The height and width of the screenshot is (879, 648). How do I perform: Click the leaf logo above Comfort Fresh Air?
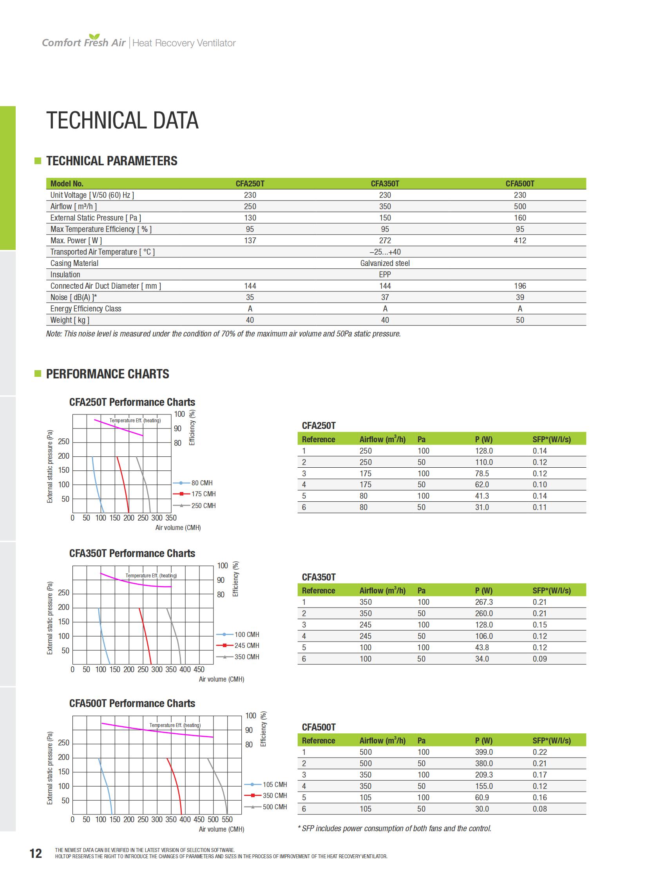pyautogui.click(x=94, y=37)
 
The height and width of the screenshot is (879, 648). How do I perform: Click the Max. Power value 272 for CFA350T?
pyautogui.click(x=384, y=241)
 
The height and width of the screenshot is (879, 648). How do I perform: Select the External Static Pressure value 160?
pyautogui.click(x=519, y=218)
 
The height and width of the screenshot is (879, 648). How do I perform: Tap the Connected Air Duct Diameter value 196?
pyautogui.click(x=519, y=286)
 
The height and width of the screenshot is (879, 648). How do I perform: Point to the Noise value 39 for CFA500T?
pyautogui.click(x=519, y=297)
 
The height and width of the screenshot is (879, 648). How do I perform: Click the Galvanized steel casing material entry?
pyautogui.click(x=384, y=263)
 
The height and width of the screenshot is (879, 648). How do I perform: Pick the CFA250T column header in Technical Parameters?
pyautogui.click(x=250, y=184)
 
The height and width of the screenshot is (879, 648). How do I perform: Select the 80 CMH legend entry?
pyautogui.click(x=202, y=483)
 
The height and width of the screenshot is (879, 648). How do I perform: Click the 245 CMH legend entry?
pyautogui.click(x=246, y=645)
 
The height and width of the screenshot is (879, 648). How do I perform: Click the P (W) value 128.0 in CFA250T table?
pyautogui.click(x=483, y=451)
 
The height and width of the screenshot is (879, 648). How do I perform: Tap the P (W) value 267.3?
pyautogui.click(x=483, y=602)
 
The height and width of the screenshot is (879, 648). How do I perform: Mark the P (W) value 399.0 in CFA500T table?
pyautogui.click(x=483, y=752)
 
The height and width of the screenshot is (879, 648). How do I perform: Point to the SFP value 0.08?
pyautogui.click(x=539, y=809)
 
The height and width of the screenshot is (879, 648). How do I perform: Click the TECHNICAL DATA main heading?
pyautogui.click(x=122, y=120)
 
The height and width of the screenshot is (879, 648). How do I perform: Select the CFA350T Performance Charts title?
pyautogui.click(x=132, y=553)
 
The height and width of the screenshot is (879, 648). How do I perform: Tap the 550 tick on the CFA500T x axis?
pyautogui.click(x=227, y=819)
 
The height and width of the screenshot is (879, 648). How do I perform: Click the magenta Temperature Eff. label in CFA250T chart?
pyautogui.click(x=135, y=420)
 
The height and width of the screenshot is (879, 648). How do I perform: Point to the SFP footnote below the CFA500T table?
pyautogui.click(x=394, y=828)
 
